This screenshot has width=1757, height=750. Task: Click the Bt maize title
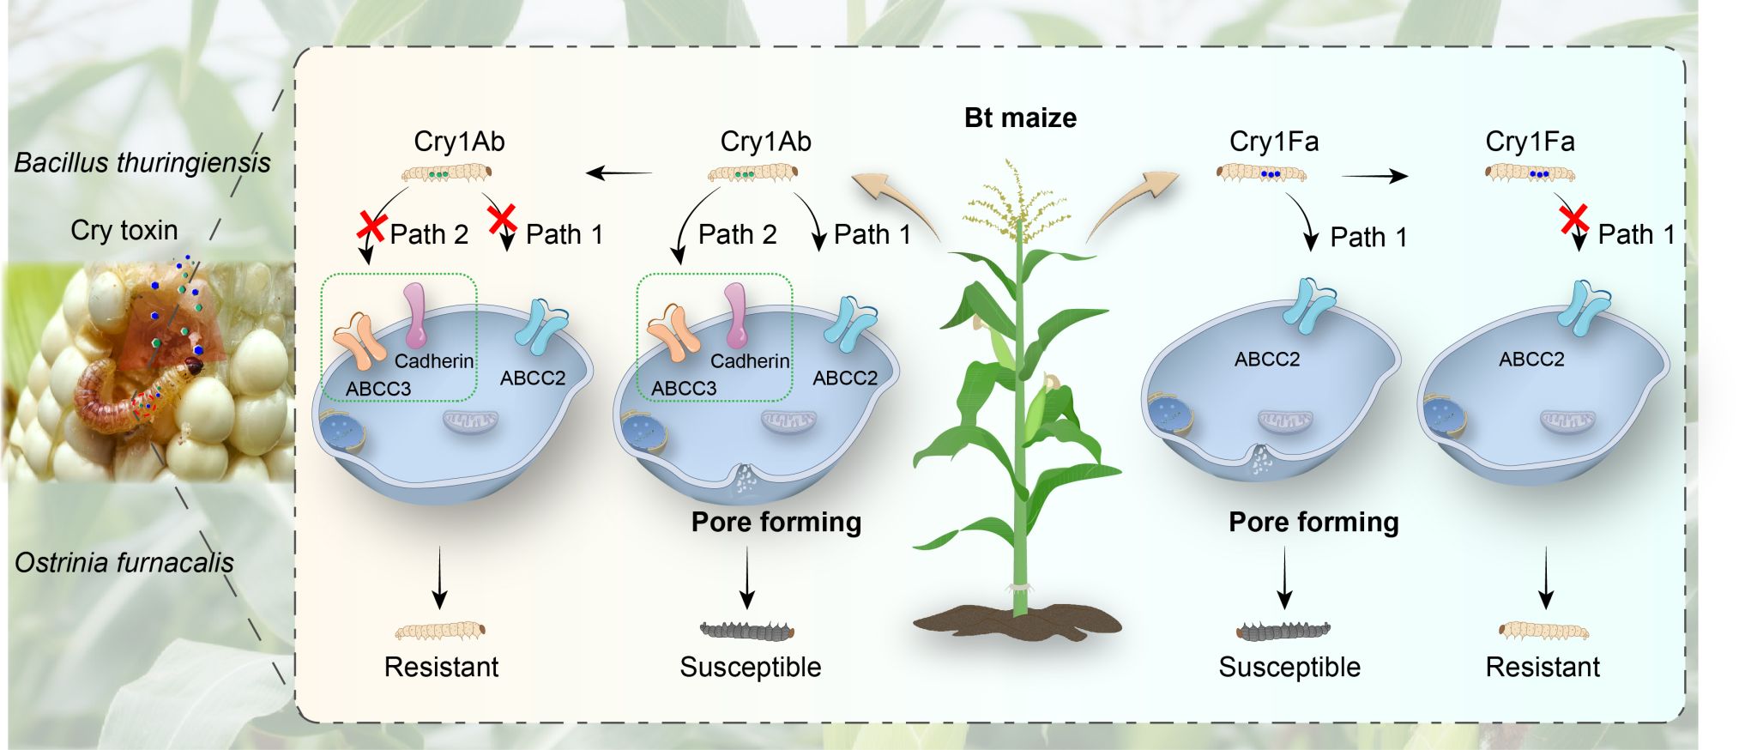pos(1020,118)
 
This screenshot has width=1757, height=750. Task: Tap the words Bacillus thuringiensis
pos(142,162)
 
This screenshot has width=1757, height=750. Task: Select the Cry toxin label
pos(124,230)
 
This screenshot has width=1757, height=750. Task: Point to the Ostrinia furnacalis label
pos(124,563)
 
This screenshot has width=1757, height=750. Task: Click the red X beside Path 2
pos(371,226)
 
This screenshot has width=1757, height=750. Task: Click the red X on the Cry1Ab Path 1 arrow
pos(502,218)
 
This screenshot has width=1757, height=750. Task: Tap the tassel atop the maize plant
pos(1017,202)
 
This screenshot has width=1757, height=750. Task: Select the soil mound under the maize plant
pos(1017,620)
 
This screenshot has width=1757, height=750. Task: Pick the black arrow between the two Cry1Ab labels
pos(619,174)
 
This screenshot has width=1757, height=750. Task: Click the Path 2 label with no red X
pos(737,234)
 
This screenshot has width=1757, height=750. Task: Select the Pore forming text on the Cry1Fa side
pos(1313,522)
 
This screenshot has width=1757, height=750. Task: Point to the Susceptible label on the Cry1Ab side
pos(751,667)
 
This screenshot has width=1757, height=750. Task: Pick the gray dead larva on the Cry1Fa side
pos(1283,632)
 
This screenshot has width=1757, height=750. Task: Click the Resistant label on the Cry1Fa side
pos(1543,667)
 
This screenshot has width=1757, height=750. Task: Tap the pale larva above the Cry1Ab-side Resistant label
pos(440,632)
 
